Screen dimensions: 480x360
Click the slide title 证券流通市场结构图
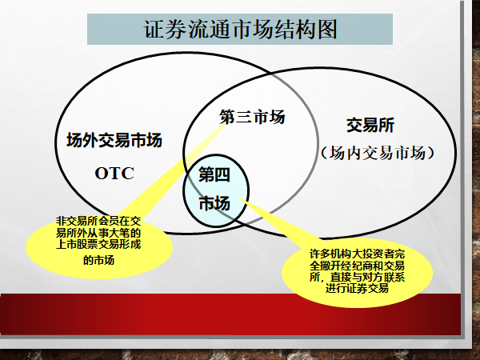tap(240, 30)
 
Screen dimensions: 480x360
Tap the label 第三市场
tap(252, 117)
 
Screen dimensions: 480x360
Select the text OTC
tap(114, 174)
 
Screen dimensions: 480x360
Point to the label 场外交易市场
tap(114, 140)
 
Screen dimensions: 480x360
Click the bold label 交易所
tap(370, 126)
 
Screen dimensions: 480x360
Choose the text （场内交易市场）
tap(378, 153)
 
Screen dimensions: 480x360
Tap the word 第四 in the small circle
tap(214, 174)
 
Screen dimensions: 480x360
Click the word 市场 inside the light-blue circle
tap(214, 203)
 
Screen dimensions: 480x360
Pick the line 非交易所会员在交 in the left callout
tap(98, 221)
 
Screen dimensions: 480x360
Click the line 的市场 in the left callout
tap(98, 260)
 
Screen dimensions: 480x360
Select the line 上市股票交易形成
tap(98, 244)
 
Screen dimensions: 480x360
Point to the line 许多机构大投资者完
tap(357, 254)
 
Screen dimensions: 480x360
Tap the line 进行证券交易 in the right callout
tap(357, 288)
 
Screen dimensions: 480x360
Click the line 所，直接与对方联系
tap(357, 277)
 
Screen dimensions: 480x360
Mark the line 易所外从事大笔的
tap(98, 233)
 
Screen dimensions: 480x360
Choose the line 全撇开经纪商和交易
tap(357, 266)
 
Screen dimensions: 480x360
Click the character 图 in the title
tap(327, 30)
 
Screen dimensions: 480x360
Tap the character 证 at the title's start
tap(154, 30)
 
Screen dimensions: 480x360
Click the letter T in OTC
tap(114, 174)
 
